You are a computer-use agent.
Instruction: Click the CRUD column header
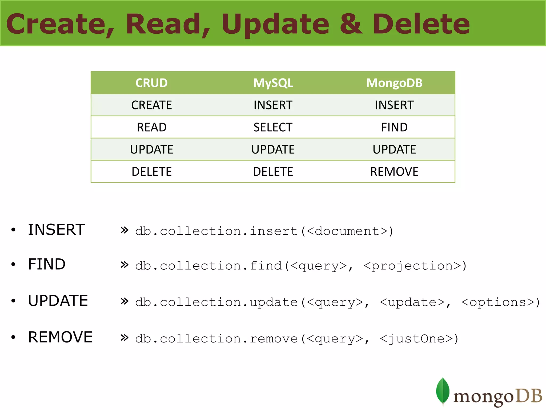151,83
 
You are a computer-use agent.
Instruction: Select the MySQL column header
273,83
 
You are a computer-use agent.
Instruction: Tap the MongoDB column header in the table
394,83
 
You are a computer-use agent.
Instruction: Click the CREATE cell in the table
151,105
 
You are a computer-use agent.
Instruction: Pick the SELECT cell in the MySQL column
273,127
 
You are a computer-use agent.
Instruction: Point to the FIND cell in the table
394,127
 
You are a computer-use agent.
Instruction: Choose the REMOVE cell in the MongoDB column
394,172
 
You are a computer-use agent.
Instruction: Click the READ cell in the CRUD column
151,127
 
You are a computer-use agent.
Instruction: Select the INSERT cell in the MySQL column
273,105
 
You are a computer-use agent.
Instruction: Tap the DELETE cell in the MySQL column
273,172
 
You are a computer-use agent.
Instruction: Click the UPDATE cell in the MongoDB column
394,149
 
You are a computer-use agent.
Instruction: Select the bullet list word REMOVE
60,337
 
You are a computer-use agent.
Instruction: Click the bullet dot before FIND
13,265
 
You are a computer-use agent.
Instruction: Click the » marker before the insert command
125,230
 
